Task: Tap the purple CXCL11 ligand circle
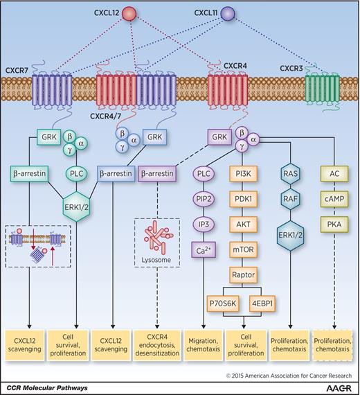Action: pos(228,15)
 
